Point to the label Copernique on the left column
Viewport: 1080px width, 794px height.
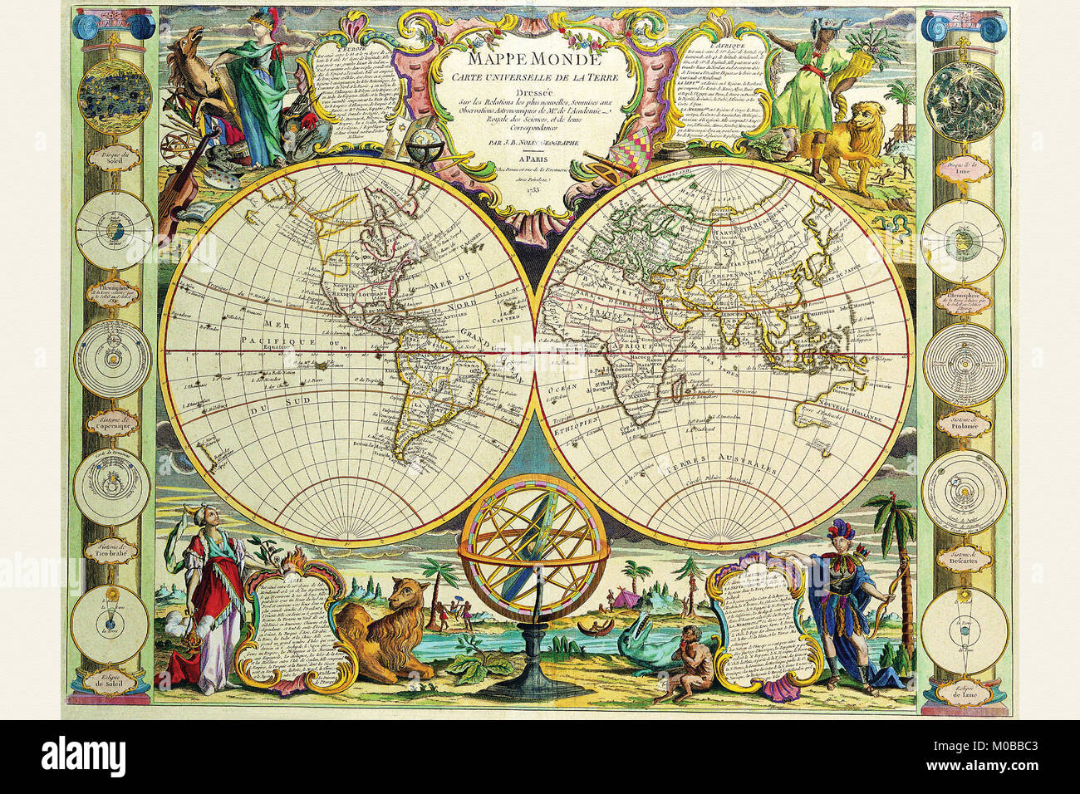point(112,429)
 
